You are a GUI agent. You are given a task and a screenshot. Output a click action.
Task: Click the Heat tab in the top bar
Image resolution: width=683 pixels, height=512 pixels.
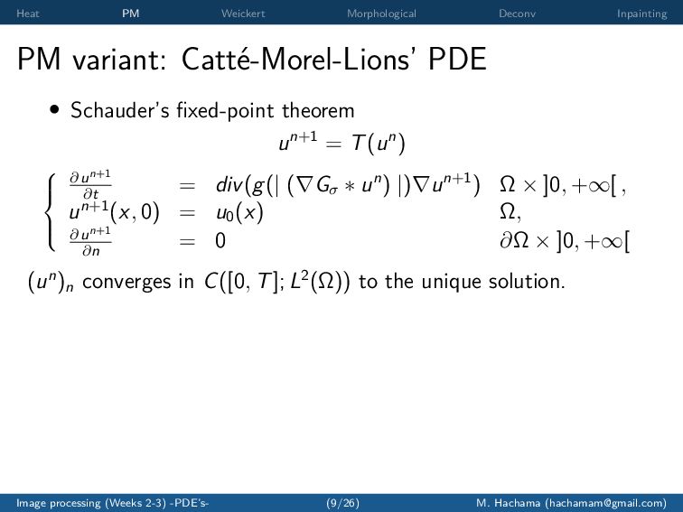tap(27, 14)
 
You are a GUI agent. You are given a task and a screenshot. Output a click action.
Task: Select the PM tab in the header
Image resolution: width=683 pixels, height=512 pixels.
tap(131, 14)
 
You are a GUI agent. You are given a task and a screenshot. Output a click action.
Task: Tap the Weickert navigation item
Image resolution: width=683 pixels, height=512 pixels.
tap(243, 14)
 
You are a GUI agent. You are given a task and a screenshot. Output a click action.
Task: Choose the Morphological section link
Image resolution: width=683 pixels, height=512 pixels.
tap(381, 14)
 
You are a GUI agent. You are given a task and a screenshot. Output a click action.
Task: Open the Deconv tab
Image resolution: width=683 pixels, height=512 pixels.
tap(517, 14)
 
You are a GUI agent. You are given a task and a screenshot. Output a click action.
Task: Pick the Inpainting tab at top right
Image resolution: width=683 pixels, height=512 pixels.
tap(641, 14)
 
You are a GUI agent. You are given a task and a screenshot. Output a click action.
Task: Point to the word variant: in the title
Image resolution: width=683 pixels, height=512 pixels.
tap(119, 60)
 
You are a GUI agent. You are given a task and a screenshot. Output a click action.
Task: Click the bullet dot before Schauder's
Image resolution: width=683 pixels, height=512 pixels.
tap(54, 109)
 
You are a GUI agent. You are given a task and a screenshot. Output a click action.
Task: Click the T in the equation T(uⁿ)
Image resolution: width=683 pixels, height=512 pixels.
tap(359, 143)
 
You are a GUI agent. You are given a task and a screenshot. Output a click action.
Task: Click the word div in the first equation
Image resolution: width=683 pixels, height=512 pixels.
tap(229, 185)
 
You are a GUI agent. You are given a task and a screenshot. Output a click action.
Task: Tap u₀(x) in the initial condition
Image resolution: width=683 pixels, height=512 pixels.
tap(239, 213)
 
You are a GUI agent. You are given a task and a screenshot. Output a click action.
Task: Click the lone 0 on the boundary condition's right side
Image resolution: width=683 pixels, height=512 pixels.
tap(220, 240)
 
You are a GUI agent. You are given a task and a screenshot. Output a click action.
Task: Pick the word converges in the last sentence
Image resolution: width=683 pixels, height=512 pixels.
tap(127, 282)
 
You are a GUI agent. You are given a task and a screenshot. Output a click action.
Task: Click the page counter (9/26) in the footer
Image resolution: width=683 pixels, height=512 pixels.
tap(342, 503)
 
